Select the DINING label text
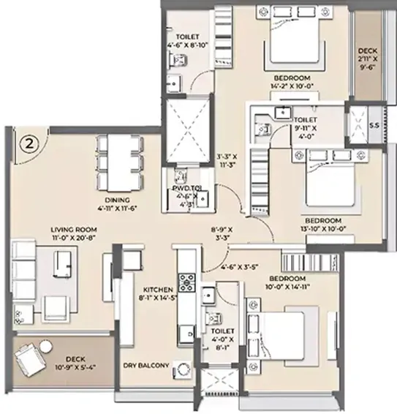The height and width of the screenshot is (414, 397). pyautogui.click(x=116, y=200)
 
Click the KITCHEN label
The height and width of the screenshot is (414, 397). pyautogui.click(x=157, y=288)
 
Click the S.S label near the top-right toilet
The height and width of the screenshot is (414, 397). pyautogui.click(x=373, y=125)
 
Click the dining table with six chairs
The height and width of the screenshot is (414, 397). pyautogui.click(x=116, y=160)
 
